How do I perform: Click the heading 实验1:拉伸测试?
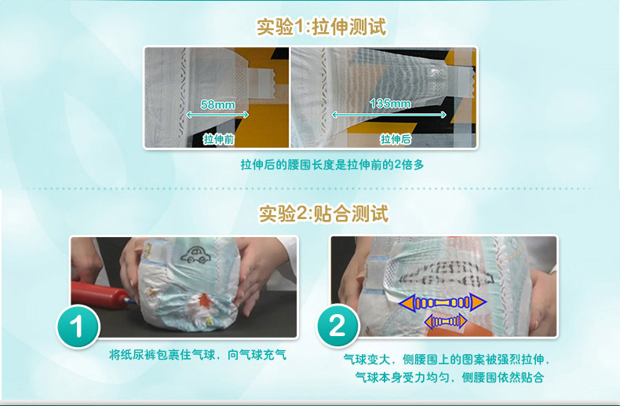[321, 27]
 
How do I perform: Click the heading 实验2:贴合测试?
[323, 214]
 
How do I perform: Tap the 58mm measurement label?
[217, 104]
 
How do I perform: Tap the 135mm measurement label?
[390, 104]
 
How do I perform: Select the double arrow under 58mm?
[217, 115]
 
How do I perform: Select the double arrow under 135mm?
[389, 115]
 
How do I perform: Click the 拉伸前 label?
[219, 139]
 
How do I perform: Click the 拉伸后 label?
[396, 139]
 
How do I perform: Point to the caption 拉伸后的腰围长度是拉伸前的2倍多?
[332, 165]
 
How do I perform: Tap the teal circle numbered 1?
[78, 327]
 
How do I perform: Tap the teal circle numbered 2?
[337, 326]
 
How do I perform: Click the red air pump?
[100, 294]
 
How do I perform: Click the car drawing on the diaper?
[195, 254]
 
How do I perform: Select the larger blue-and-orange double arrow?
[443, 303]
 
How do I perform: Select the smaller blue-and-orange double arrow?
[446, 320]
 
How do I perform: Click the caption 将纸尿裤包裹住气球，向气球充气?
[197, 354]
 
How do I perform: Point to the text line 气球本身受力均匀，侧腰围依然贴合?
[450, 377]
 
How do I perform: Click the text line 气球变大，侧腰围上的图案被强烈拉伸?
[447, 360]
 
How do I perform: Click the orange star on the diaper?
[203, 301]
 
